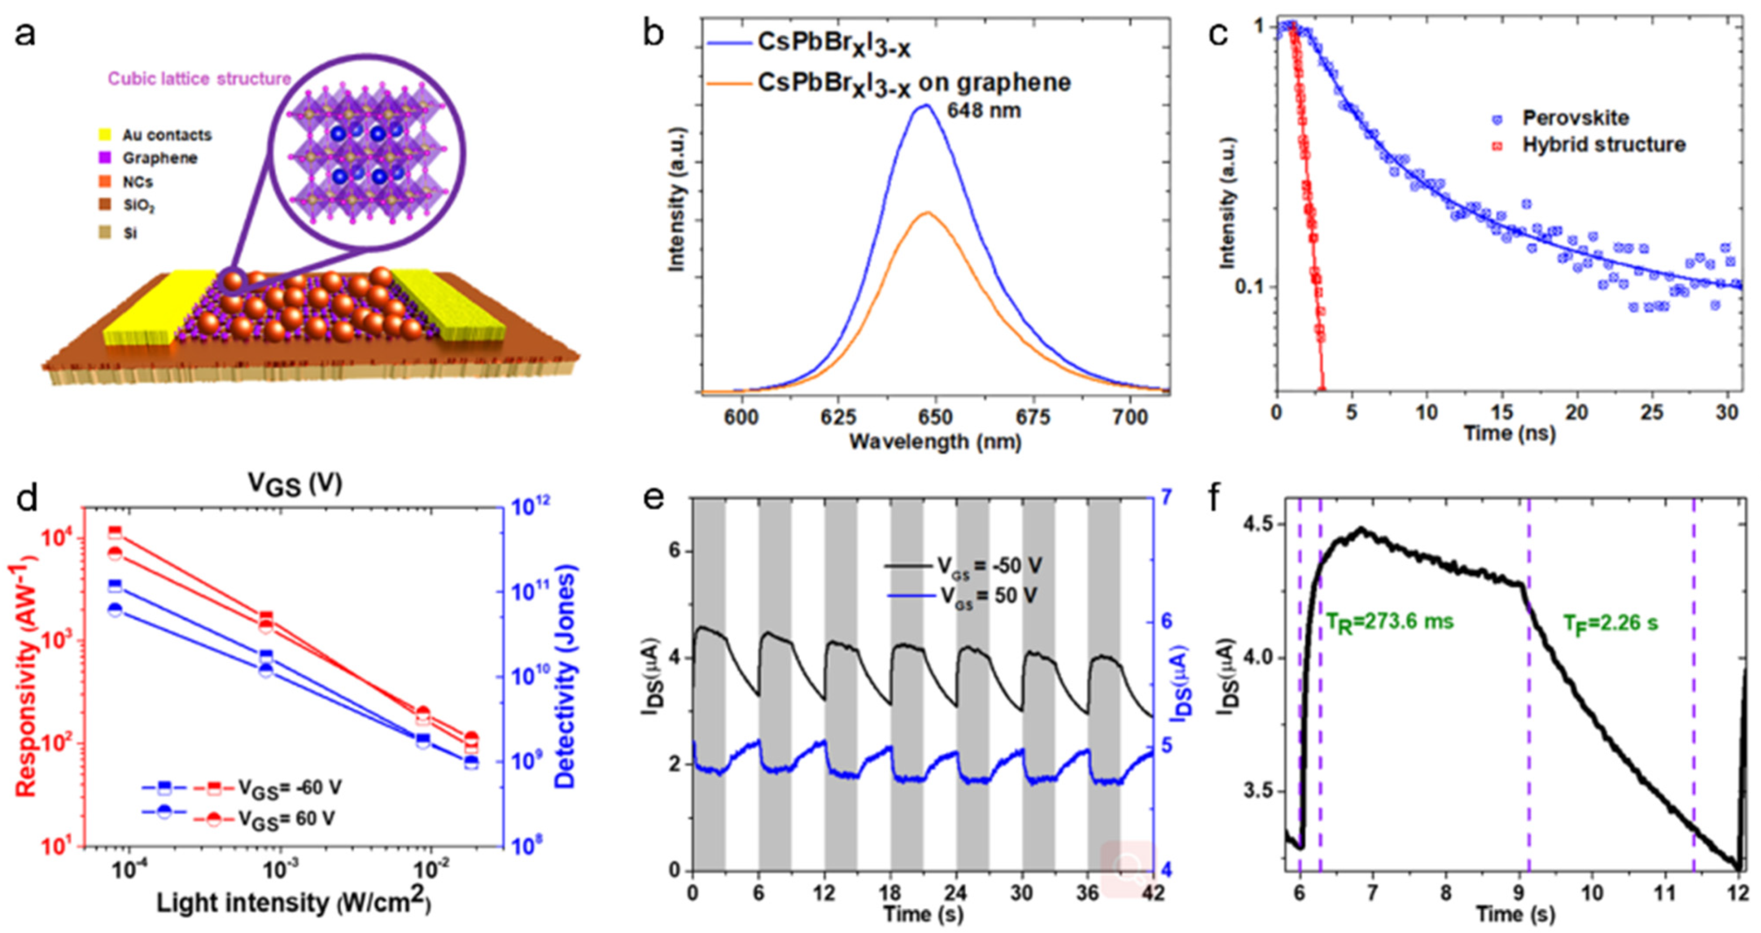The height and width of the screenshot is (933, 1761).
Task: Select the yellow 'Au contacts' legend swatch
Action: pyautogui.click(x=105, y=135)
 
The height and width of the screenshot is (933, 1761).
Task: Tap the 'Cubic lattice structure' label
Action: pyautogui.click(x=200, y=79)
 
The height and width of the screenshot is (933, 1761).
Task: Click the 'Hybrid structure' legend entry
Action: pyautogui.click(x=1602, y=145)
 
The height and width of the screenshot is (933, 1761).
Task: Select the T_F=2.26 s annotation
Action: pyautogui.click(x=1610, y=623)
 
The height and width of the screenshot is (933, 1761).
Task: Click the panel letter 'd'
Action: pyautogui.click(x=26, y=499)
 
